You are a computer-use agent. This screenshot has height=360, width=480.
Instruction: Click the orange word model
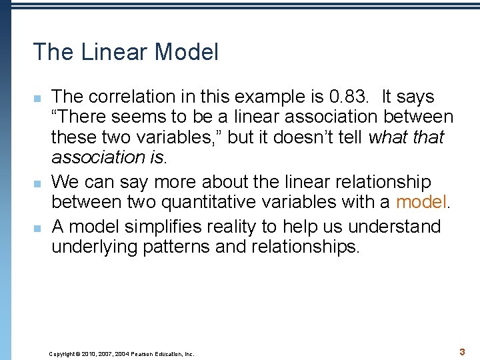pyautogui.click(x=423, y=202)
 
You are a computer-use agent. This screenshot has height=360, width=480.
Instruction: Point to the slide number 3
pyautogui.click(x=461, y=351)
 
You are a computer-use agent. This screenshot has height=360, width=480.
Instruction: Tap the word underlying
pyautogui.click(x=91, y=247)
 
